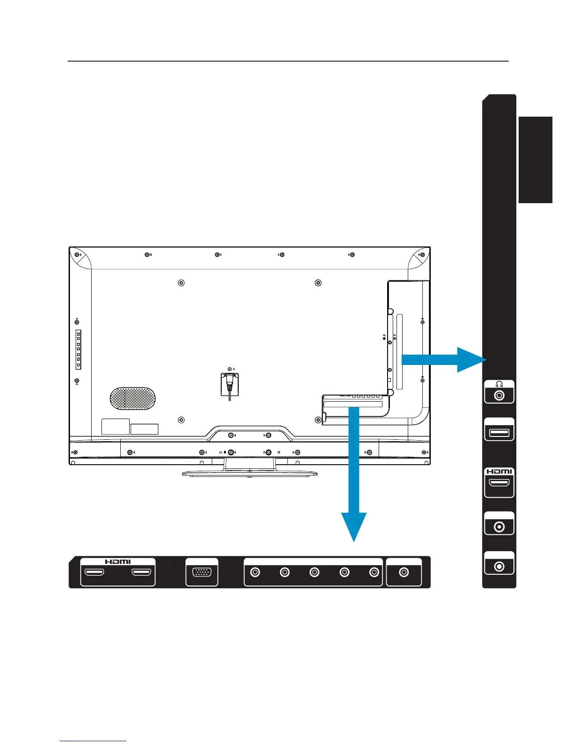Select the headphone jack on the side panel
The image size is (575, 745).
[499, 396]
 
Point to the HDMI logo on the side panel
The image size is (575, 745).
[499, 472]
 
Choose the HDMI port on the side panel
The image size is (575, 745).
[499, 483]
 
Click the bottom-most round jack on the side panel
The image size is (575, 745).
[499, 566]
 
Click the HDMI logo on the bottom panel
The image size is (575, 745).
[118, 562]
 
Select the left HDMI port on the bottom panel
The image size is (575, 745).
[94, 573]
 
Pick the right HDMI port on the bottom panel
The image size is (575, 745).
[141, 573]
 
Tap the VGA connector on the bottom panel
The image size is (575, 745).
[202, 573]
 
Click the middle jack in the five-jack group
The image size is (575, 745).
[314, 572]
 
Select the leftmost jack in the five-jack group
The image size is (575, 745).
[255, 572]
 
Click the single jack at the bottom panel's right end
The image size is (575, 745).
[404, 572]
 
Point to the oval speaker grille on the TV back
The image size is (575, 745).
[132, 399]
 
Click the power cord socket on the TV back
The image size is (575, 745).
[229, 383]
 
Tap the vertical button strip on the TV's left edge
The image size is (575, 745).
[78, 349]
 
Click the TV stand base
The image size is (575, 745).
[249, 473]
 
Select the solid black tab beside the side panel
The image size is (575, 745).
[536, 160]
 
